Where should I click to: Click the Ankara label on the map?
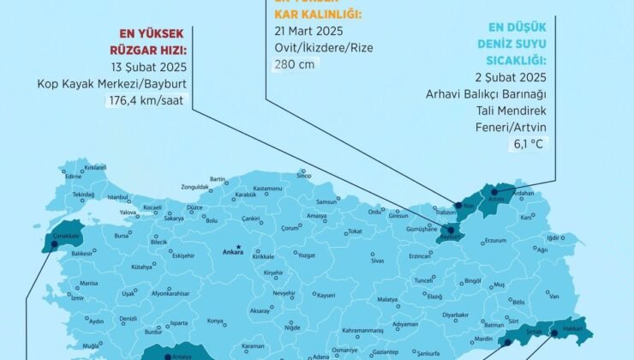pyautogui.click(x=232, y=252)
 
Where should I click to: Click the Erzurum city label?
pyautogui.click(x=496, y=241)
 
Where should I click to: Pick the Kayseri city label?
pyautogui.click(x=326, y=295)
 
